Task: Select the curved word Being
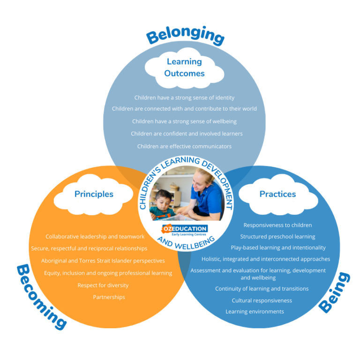[334, 292]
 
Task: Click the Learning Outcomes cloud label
[184, 67]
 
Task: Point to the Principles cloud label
[94, 194]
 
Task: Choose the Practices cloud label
[277, 194]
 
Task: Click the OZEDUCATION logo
[185, 230]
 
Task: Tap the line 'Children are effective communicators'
[184, 146]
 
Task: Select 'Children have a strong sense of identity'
[184, 98]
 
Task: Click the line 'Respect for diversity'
[103, 285]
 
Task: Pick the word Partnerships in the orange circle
[109, 297]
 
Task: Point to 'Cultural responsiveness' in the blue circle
[262, 300]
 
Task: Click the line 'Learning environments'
[255, 312]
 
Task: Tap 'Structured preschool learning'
[277, 237]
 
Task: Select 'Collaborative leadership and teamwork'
[95, 237]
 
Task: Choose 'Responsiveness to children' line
[277, 225]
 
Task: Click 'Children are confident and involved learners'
[187, 134]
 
